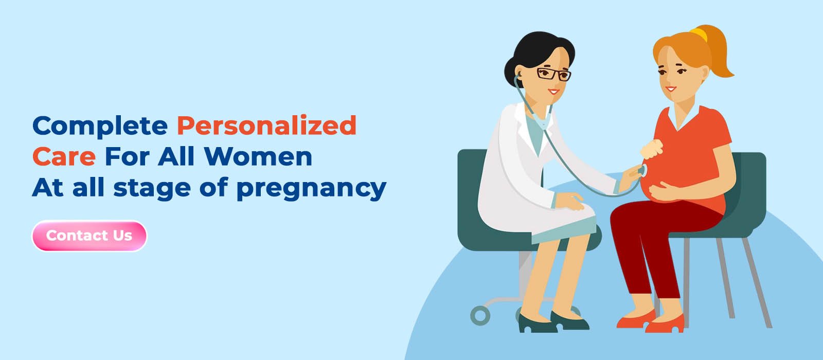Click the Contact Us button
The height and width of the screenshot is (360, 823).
pyautogui.click(x=89, y=236)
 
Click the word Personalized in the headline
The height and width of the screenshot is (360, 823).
pyautogui.click(x=266, y=126)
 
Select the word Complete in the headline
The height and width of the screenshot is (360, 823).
pyautogui.click(x=100, y=126)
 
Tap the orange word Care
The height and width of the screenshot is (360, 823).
pyautogui.click(x=64, y=157)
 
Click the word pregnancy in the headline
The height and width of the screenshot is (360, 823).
pyautogui.click(x=311, y=189)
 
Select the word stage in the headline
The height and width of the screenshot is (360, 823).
pyautogui.click(x=152, y=189)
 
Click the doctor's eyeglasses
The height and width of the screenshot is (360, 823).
pyautogui.click(x=553, y=74)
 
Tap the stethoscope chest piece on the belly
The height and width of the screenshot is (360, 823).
pyautogui.click(x=642, y=171)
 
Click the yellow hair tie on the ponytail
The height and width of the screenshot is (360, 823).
pyautogui.click(x=699, y=34)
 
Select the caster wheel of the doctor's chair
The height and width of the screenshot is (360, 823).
pyautogui.click(x=480, y=315)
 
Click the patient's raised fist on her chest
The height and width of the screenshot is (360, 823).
pyautogui.click(x=651, y=150)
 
